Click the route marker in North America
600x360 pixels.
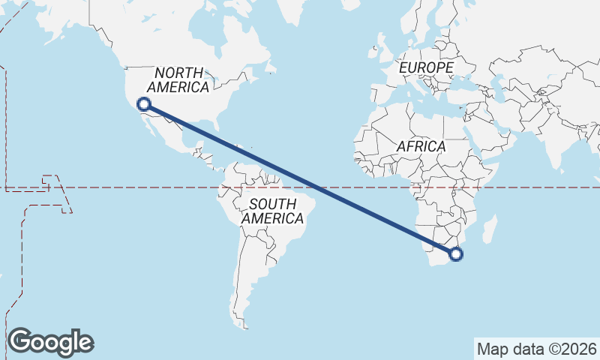click(x=143, y=104)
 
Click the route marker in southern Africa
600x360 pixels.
click(x=456, y=255)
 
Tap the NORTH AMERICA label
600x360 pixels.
click(x=178, y=80)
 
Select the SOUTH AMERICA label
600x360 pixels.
click(x=272, y=211)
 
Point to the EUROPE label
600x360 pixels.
click(x=426, y=68)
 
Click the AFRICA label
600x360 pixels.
click(x=421, y=146)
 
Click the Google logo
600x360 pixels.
click(x=50, y=342)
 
